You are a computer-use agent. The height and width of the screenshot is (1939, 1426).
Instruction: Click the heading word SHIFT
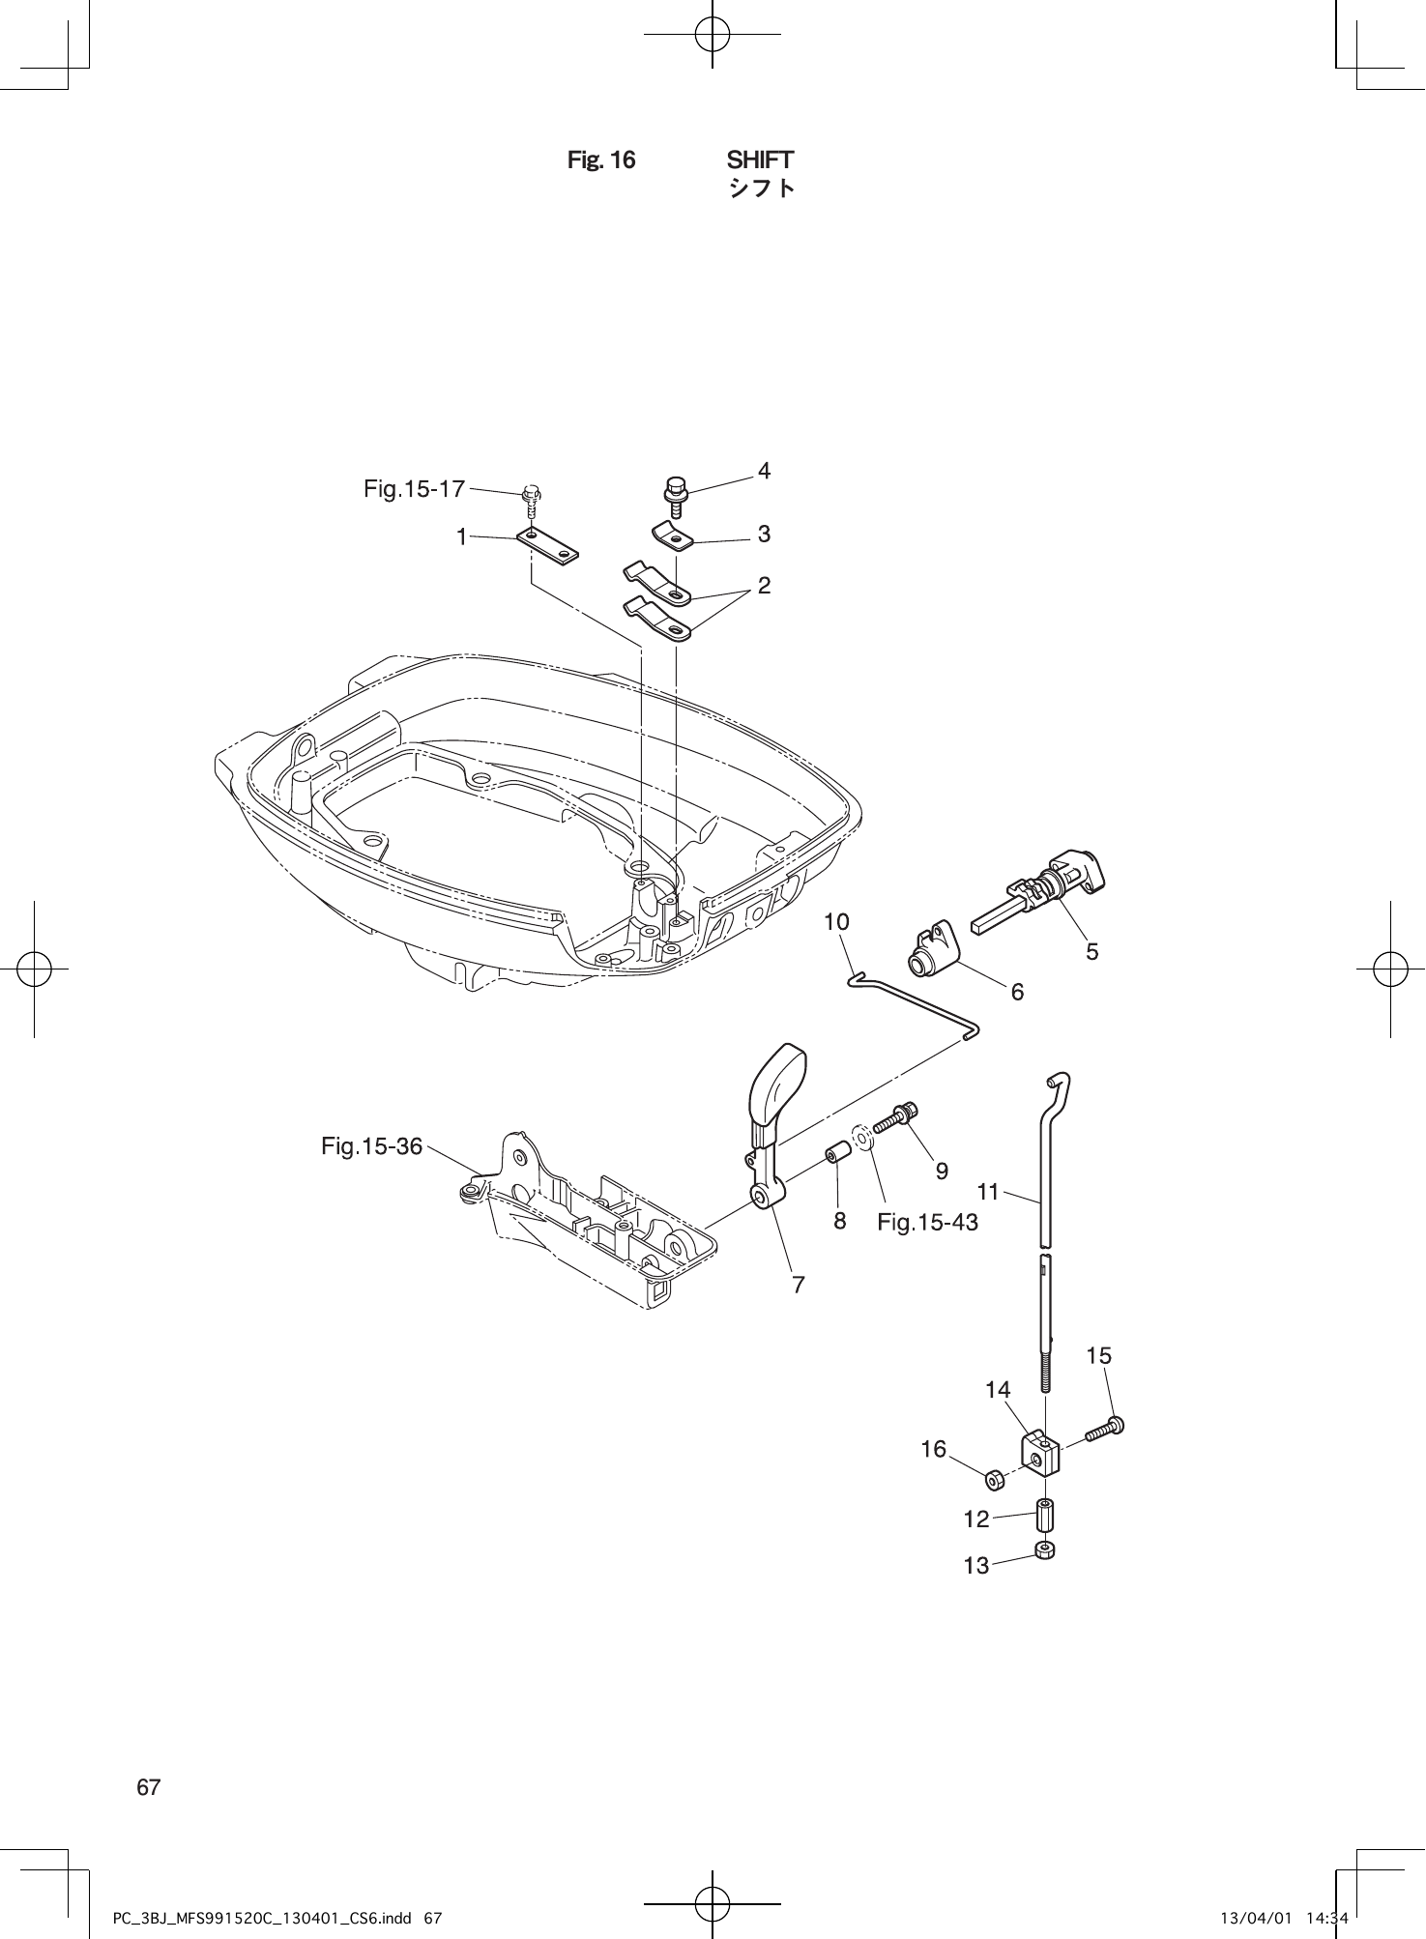[x=760, y=159]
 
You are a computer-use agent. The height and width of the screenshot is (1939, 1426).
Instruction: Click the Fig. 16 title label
[x=600, y=160]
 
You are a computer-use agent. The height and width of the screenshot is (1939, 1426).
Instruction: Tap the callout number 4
[x=764, y=471]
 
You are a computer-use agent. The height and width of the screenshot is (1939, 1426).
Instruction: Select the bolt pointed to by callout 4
[x=674, y=493]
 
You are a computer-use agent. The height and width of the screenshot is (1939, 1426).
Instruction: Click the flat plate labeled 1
[x=547, y=543]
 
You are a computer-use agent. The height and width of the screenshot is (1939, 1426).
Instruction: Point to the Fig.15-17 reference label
[x=414, y=489]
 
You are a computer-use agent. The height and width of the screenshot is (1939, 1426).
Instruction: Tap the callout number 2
[x=764, y=585]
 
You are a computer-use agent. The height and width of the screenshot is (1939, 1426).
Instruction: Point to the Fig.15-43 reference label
[x=927, y=1223]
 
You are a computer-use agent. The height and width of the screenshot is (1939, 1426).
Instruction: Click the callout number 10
[x=836, y=922]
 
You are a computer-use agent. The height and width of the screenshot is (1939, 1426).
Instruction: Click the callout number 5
[x=1091, y=952]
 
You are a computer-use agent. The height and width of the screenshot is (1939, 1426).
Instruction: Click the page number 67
[x=149, y=1787]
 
